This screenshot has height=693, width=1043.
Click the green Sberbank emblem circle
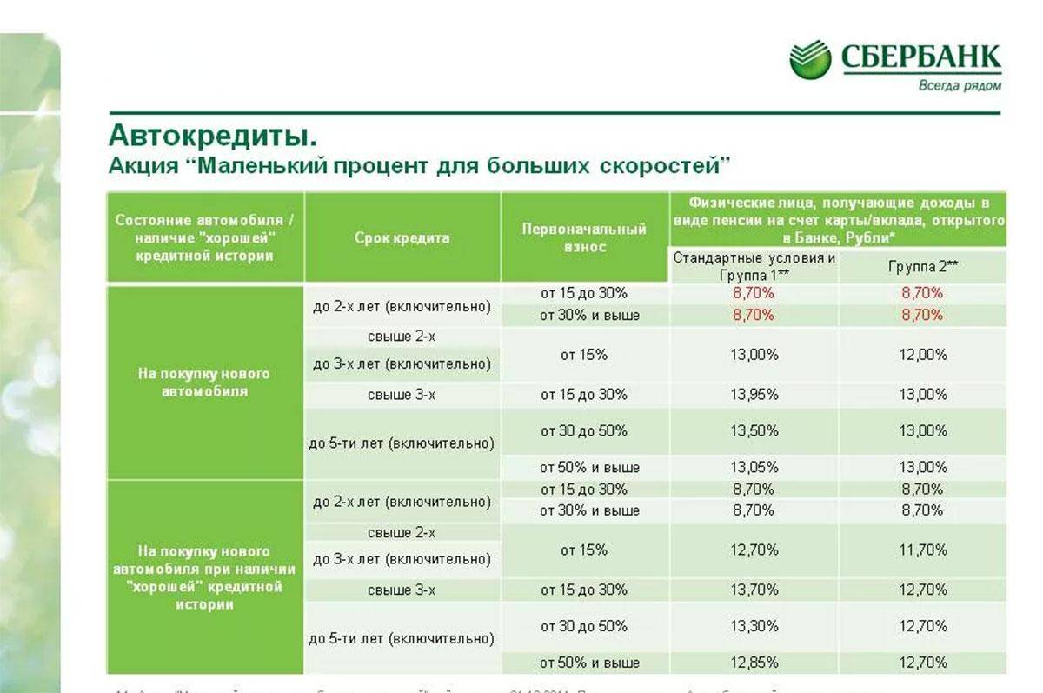coord(810,59)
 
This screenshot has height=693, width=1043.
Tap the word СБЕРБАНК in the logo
coord(920,58)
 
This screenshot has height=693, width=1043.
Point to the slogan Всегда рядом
coord(960,86)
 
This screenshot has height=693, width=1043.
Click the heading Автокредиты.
coord(212,135)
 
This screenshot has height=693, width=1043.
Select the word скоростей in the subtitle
coord(661,164)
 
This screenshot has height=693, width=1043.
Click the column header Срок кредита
coord(402,237)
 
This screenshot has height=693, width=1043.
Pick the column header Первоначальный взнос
coord(584,237)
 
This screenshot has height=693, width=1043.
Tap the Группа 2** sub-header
coord(923,266)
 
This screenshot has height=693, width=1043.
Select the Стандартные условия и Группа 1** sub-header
coord(754,266)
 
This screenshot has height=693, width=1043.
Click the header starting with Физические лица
coord(840,218)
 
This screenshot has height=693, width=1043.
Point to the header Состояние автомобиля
coord(205,237)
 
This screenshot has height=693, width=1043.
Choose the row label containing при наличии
coord(205,577)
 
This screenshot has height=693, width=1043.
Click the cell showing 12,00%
coord(923,355)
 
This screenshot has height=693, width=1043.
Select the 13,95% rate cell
coord(754,395)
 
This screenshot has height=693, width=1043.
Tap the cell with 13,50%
coord(754,431)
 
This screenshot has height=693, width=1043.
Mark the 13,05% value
coord(754,468)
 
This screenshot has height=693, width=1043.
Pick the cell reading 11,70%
coord(923,550)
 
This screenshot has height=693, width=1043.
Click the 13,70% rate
coord(754,590)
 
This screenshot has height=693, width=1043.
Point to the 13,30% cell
coord(754,626)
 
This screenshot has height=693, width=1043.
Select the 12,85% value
coord(754,663)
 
